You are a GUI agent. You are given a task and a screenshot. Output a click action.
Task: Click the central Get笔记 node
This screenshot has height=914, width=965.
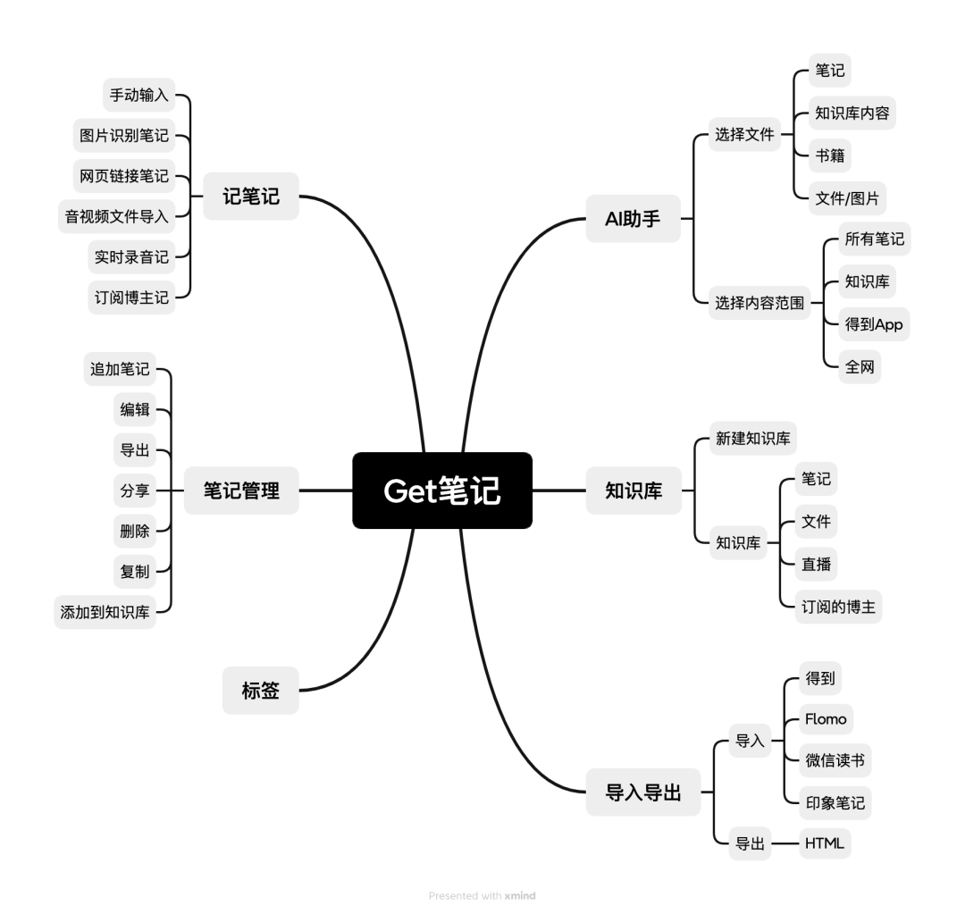(x=442, y=491)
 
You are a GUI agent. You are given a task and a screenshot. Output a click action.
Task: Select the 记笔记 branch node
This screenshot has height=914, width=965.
(x=251, y=197)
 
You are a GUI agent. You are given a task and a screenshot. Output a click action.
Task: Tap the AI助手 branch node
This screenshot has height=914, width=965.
(x=634, y=219)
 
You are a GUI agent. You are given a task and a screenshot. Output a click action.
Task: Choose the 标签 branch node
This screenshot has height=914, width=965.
(x=260, y=690)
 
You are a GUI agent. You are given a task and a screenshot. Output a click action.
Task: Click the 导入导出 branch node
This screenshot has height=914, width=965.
(x=642, y=792)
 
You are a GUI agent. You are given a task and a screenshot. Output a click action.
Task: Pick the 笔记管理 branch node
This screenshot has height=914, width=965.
(x=240, y=491)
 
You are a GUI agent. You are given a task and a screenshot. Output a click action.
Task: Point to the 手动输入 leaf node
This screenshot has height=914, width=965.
(x=138, y=95)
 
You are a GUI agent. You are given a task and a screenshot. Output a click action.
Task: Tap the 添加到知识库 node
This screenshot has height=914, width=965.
(x=105, y=612)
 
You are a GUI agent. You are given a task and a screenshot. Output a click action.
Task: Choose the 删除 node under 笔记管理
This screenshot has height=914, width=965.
(x=135, y=531)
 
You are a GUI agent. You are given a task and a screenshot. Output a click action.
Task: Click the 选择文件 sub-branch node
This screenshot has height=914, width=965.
(x=743, y=136)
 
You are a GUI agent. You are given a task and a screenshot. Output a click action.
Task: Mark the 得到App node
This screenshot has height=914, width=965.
(x=874, y=324)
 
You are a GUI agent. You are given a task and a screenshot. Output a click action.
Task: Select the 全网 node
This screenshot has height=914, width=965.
(x=859, y=367)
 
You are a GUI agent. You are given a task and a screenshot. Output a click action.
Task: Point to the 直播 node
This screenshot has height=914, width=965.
(x=818, y=565)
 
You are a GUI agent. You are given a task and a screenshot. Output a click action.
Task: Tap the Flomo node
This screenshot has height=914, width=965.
(x=825, y=719)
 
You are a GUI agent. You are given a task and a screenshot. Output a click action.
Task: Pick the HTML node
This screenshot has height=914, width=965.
(x=824, y=843)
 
